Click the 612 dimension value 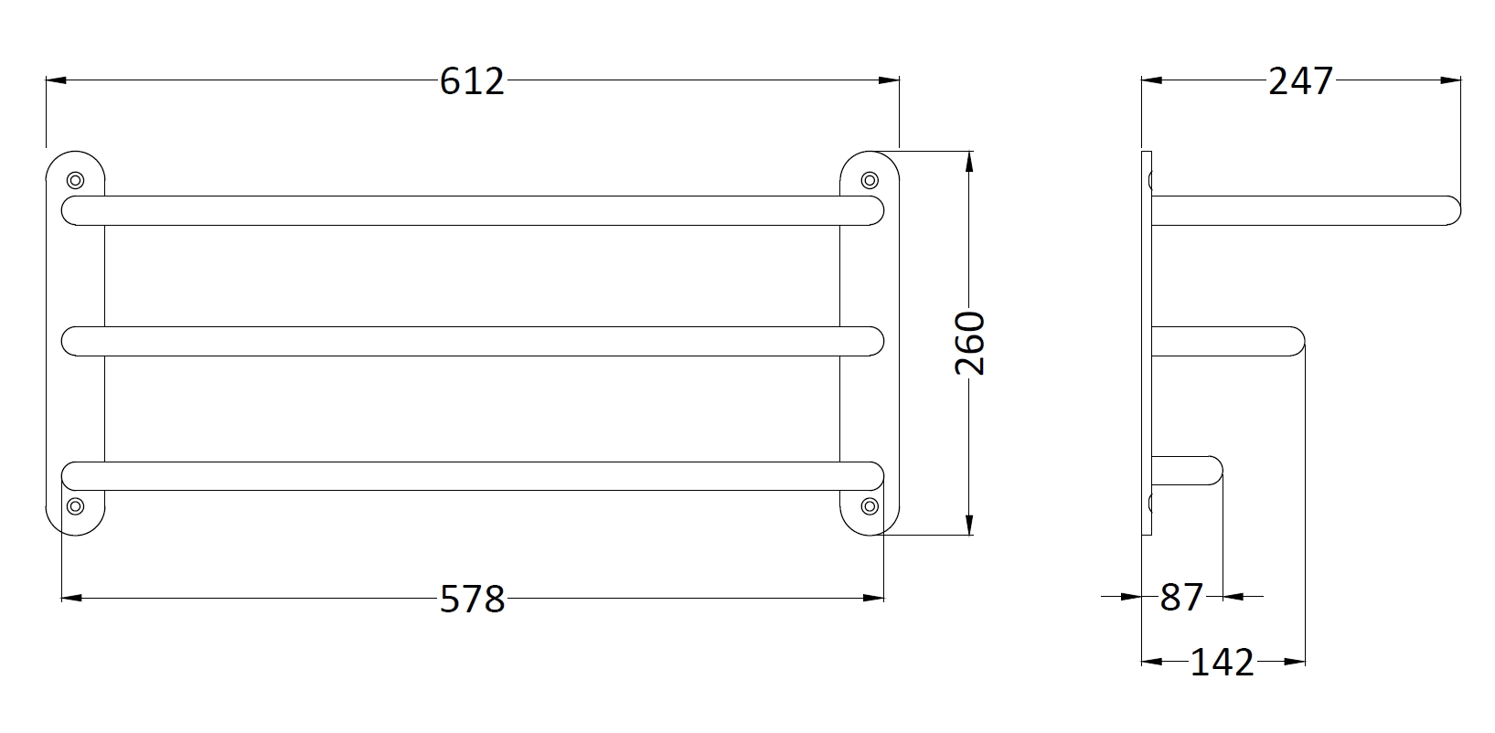472,81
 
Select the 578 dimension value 473,599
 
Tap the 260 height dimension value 970,343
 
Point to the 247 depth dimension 1300,81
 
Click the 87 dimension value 1181,597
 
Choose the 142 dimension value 1222,663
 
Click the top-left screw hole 75,180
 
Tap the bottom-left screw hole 75,506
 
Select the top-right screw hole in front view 870,180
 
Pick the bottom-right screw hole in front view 870,506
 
